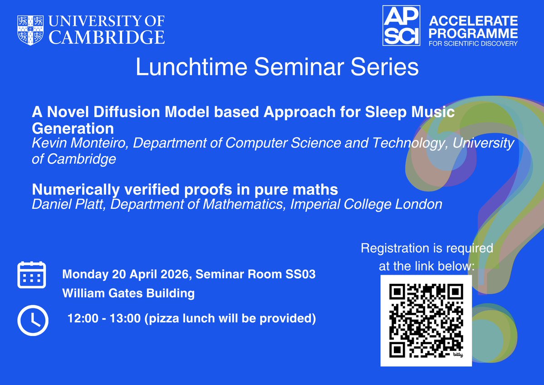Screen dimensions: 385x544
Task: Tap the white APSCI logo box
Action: click(x=401, y=26)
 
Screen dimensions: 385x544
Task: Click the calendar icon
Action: click(x=31, y=275)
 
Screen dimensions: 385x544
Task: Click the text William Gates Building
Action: click(x=128, y=293)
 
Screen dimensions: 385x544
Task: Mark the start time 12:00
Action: click(x=81, y=319)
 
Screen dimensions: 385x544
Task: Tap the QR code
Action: click(x=426, y=320)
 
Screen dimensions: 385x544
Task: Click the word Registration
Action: click(x=394, y=248)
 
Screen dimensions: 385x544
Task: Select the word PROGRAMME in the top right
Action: click(x=473, y=33)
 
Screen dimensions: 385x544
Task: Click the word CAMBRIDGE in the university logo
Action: click(x=107, y=37)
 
